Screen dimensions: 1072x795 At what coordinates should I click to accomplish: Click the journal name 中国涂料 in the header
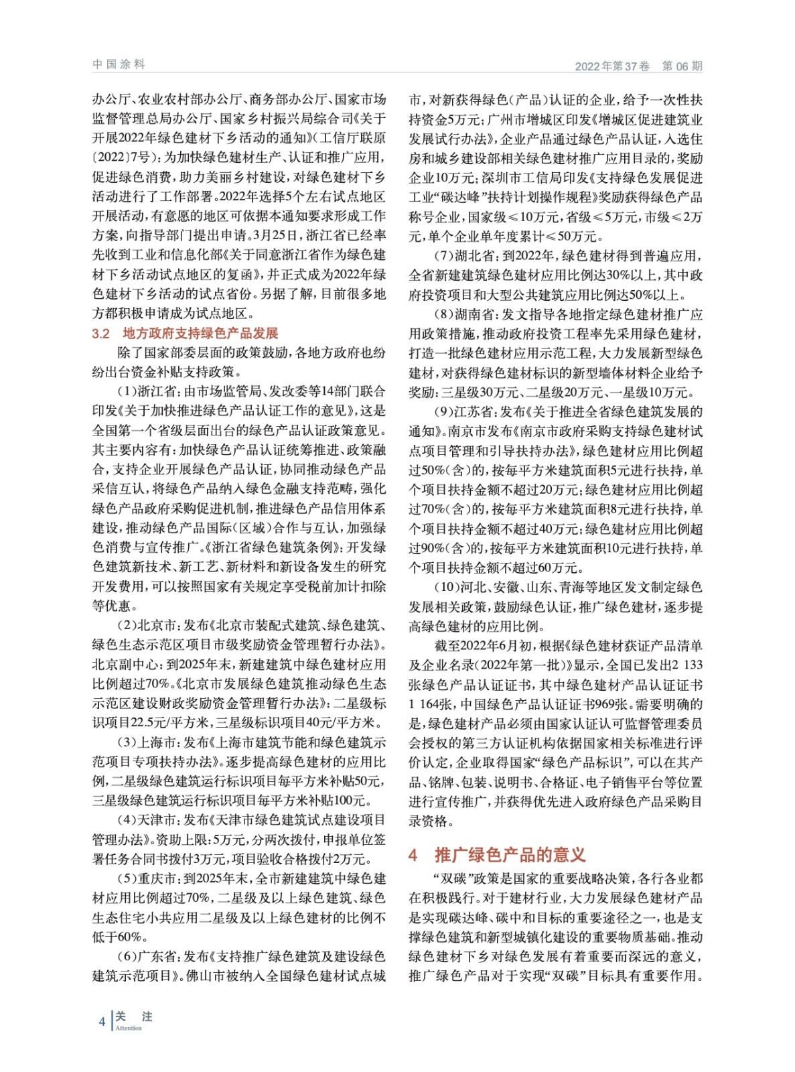point(119,64)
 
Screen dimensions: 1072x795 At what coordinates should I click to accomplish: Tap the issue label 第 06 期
point(682,66)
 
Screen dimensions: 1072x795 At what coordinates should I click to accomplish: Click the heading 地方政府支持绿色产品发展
point(200,334)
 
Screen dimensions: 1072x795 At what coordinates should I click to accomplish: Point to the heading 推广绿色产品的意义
point(510,855)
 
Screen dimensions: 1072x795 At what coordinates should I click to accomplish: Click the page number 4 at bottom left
point(102,1021)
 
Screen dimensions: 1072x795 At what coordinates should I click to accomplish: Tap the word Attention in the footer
point(129,1028)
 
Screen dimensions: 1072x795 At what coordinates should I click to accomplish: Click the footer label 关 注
point(134,1016)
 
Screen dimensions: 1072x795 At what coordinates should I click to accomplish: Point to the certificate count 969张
point(612,705)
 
